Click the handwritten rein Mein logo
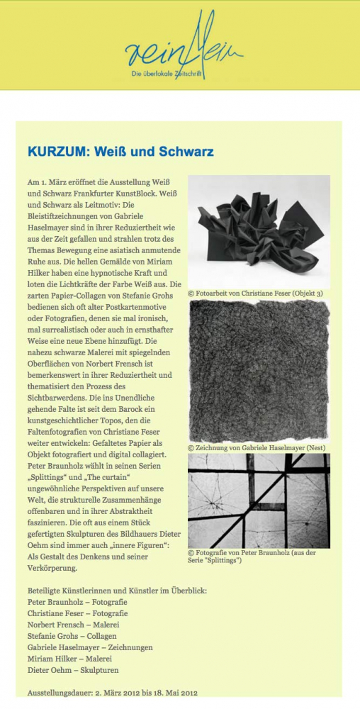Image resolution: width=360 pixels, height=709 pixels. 184,45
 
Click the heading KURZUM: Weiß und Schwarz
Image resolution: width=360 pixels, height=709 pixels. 120,152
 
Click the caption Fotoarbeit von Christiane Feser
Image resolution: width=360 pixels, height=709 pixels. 255,292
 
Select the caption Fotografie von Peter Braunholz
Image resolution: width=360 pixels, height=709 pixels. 255,556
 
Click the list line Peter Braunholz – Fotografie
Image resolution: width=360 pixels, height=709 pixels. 77,602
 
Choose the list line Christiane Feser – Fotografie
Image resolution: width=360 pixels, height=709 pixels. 77,613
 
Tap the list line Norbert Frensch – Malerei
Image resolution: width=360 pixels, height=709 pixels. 73,625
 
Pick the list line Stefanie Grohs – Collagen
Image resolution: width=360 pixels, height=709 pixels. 73,636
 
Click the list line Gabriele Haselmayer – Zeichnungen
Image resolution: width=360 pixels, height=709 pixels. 89,647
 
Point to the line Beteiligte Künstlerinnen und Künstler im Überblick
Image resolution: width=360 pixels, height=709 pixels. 116,591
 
